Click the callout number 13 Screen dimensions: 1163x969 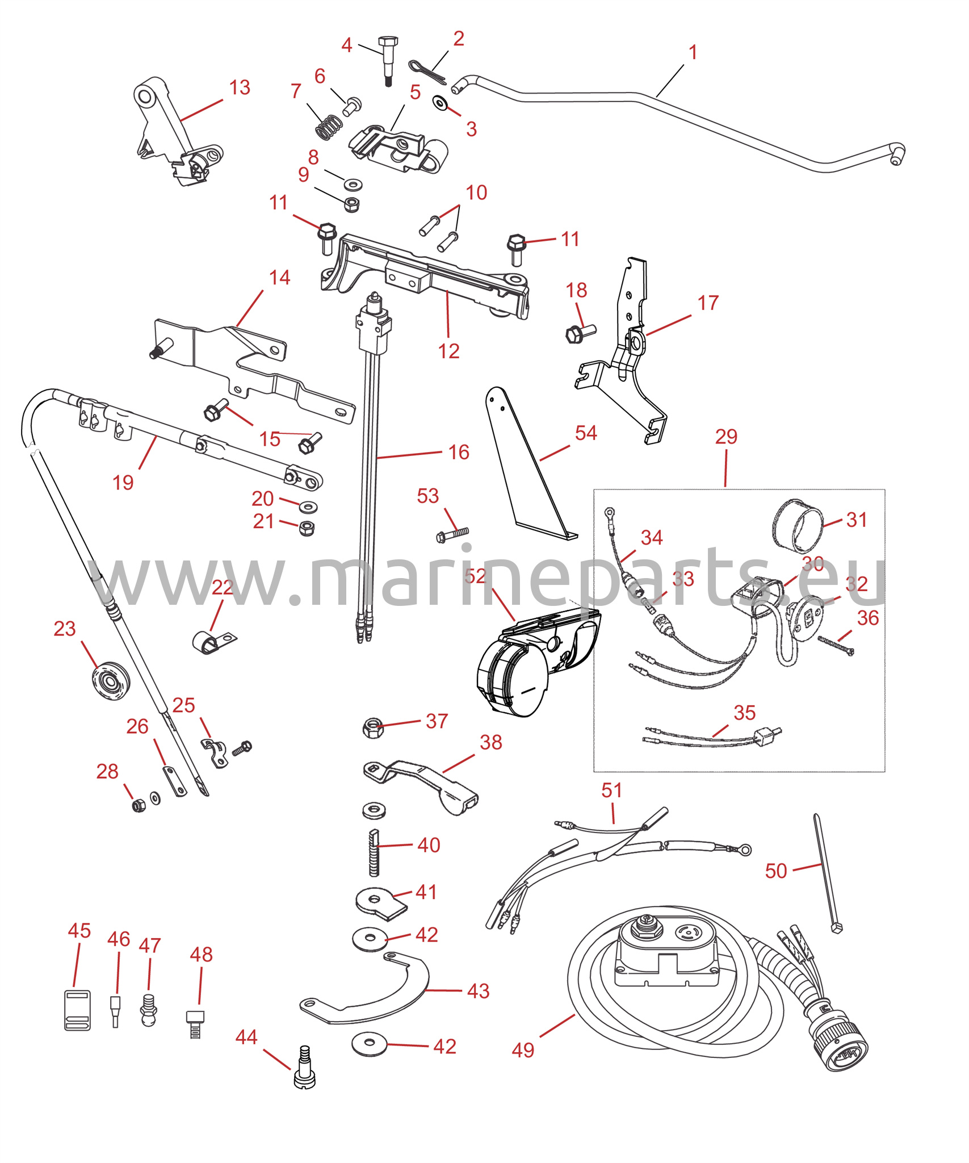pyautogui.click(x=240, y=88)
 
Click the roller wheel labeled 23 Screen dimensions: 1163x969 pyautogui.click(x=111, y=680)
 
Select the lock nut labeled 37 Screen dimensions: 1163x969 pyautogui.click(x=372, y=727)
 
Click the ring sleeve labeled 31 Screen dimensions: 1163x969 pyautogui.click(x=797, y=526)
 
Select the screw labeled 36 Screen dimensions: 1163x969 pyautogui.click(x=836, y=646)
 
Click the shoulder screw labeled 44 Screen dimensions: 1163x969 pyautogui.click(x=305, y=1074)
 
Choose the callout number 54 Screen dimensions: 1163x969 pyautogui.click(x=586, y=433)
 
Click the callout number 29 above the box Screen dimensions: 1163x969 pyautogui.click(x=726, y=437)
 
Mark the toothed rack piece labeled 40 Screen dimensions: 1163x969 pyautogui.click(x=374, y=852)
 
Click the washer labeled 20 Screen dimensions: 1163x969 pyautogui.click(x=308, y=507)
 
